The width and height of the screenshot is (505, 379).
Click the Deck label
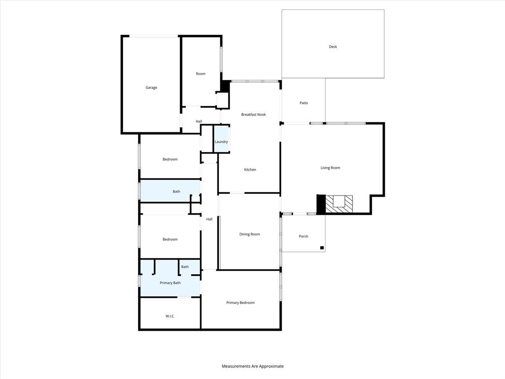click(x=333, y=47)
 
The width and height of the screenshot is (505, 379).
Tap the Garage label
click(x=151, y=88)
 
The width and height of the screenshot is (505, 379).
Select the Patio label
click(x=304, y=103)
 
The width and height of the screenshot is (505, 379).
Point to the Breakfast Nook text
click(x=253, y=114)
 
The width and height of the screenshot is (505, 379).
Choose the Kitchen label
click(x=250, y=170)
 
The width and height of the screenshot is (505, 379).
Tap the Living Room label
click(x=330, y=168)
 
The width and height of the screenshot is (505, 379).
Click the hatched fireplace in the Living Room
click(x=340, y=203)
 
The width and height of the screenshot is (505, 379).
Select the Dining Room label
click(x=250, y=234)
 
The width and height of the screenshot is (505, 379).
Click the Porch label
click(x=304, y=236)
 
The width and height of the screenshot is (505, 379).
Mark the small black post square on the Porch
click(x=322, y=248)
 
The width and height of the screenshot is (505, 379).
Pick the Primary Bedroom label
click(x=241, y=303)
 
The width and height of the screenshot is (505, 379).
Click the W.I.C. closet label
click(x=170, y=316)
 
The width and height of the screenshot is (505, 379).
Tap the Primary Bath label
click(x=170, y=283)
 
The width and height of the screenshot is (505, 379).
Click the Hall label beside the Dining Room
click(x=210, y=219)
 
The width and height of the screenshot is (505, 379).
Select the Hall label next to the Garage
click(x=199, y=121)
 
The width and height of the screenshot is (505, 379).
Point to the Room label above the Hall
click(x=201, y=74)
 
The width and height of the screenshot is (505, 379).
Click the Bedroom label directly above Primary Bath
click(x=170, y=239)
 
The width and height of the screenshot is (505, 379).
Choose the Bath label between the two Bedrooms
click(x=177, y=191)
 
